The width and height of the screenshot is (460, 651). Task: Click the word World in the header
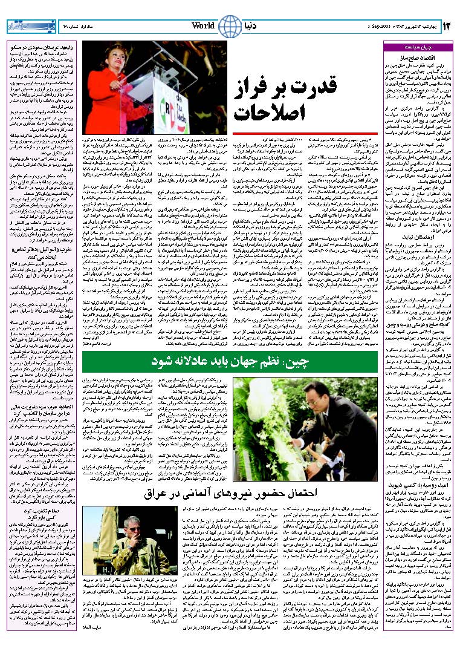(203, 25)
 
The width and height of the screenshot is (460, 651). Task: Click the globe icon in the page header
(228, 27)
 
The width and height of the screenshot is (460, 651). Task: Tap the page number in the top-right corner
(448, 26)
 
